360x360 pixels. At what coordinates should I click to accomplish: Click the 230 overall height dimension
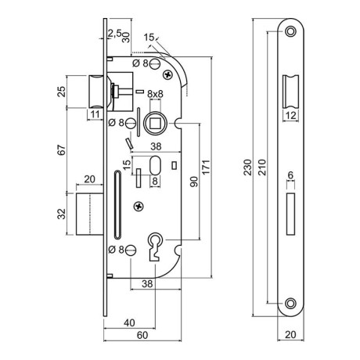coord(247,167)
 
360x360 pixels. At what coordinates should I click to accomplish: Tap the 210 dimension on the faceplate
coord(261,167)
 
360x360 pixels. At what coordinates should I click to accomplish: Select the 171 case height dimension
coord(206,167)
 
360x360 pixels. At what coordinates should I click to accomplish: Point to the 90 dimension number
coord(194,182)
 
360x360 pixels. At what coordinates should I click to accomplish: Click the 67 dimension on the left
coord(62,150)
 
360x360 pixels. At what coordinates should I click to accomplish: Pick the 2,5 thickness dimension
coord(114,33)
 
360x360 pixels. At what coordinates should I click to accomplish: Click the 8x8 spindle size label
coord(155,94)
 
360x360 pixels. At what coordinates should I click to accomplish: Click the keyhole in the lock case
coord(156,247)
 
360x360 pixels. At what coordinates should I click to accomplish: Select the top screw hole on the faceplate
coord(290,31)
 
